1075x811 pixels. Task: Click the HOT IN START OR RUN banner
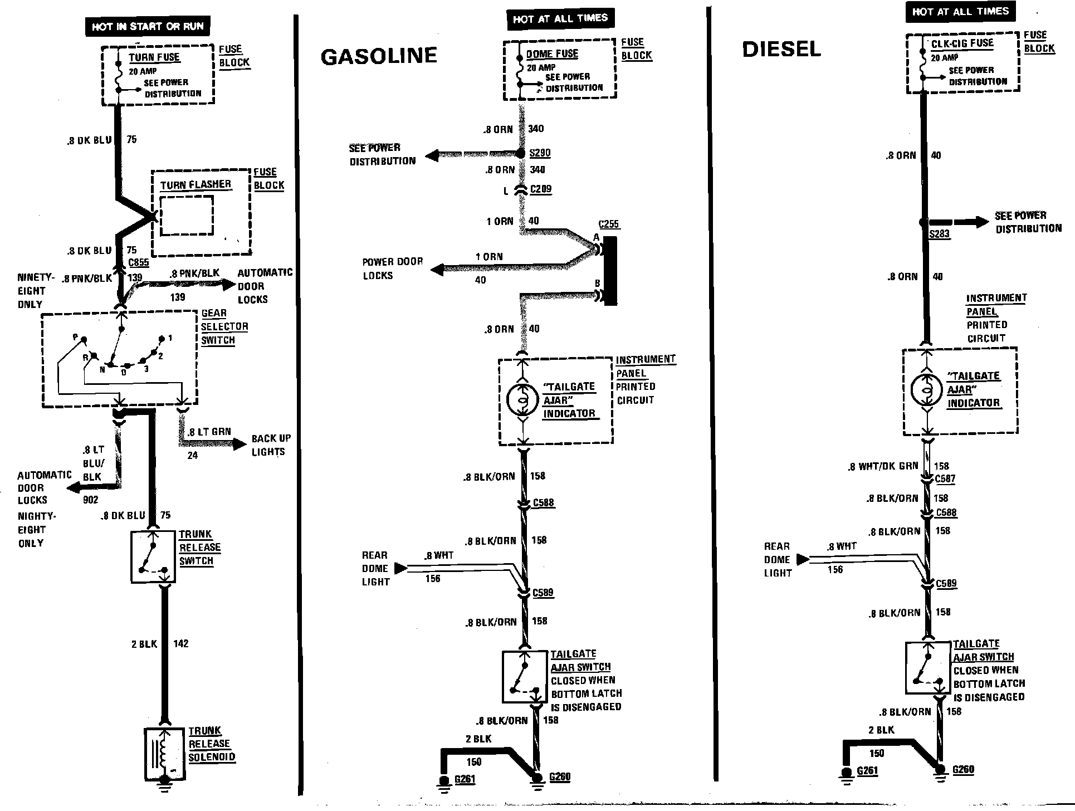[x=148, y=26]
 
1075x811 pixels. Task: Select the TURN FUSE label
[x=154, y=57]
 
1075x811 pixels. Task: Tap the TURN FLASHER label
[x=196, y=184]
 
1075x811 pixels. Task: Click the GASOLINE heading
[x=379, y=56]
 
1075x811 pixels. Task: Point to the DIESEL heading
[x=781, y=49]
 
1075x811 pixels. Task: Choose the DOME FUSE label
[x=552, y=54]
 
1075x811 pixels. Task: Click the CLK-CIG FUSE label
[x=962, y=43]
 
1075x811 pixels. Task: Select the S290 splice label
[x=540, y=153]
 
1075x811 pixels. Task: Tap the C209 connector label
[x=540, y=189]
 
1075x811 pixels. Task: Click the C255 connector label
[x=608, y=224]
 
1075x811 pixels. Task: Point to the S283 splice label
[x=939, y=234]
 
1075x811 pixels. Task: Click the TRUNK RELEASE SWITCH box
[x=153, y=556]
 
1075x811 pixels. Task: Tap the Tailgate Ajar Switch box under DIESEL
[x=928, y=668]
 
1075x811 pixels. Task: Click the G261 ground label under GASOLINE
[x=465, y=779]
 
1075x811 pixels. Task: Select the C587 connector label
[x=945, y=478]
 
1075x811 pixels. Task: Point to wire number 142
[x=181, y=643]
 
